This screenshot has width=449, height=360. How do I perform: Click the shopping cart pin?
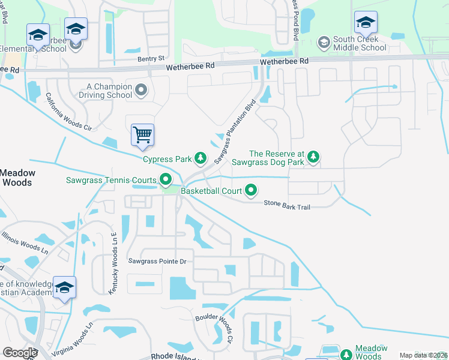coord(142,135)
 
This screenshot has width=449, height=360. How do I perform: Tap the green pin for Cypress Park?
coord(200,159)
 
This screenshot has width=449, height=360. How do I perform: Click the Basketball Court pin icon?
coord(251,191)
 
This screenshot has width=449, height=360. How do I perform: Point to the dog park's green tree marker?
coord(313,158)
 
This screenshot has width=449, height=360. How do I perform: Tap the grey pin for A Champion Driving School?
coord(141,91)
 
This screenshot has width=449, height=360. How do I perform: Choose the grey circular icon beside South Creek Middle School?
coord(324,42)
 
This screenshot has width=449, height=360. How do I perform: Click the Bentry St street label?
coord(151,59)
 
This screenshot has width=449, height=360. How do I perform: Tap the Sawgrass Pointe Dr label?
coord(158,261)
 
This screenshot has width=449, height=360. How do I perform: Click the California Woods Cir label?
coord(70,112)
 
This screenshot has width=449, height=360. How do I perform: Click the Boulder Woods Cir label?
coord(214,328)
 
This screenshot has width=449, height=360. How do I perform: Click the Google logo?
coord(20,353)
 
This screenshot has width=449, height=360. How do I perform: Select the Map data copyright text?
coord(423,355)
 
